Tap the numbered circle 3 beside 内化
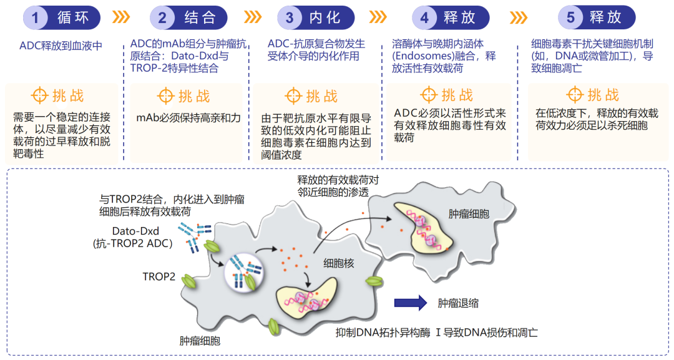coord(290,17)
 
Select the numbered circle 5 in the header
coord(570,17)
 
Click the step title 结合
coord(200,17)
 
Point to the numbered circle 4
coord(424,17)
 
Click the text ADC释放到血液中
coord(61,46)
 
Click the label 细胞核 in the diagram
coord(338,263)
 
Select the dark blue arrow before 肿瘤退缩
coord(410,303)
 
